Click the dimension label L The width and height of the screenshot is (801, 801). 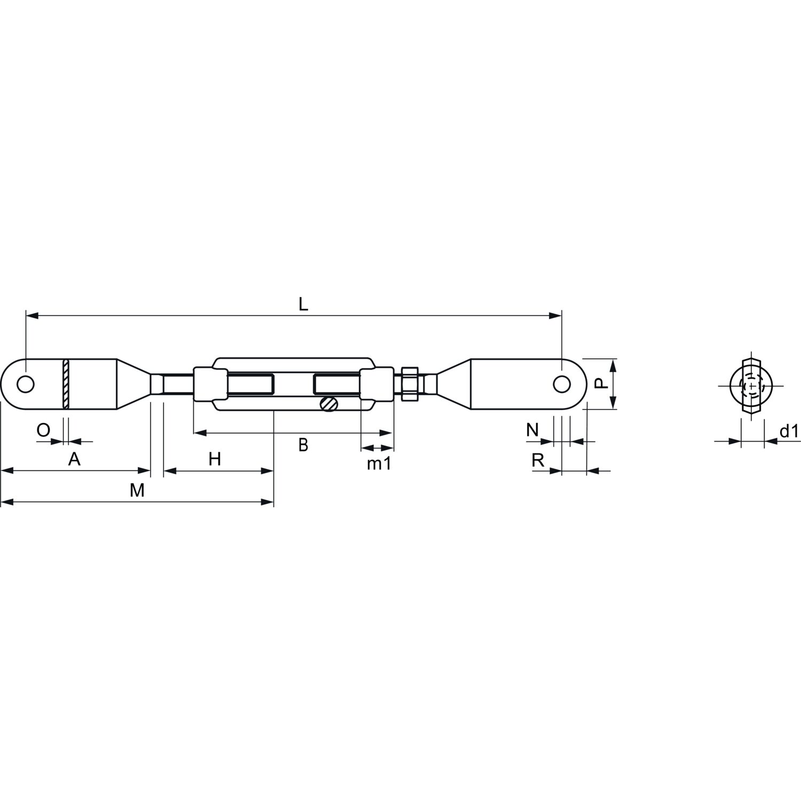303,304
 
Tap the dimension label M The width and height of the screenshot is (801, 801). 137,490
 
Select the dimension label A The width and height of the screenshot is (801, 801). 75,459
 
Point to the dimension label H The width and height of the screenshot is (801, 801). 215,459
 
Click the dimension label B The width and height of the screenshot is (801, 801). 303,445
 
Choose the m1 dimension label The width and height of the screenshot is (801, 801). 379,464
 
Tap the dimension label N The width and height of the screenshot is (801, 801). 532,429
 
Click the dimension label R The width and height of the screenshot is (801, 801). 538,460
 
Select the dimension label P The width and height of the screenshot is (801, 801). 601,383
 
